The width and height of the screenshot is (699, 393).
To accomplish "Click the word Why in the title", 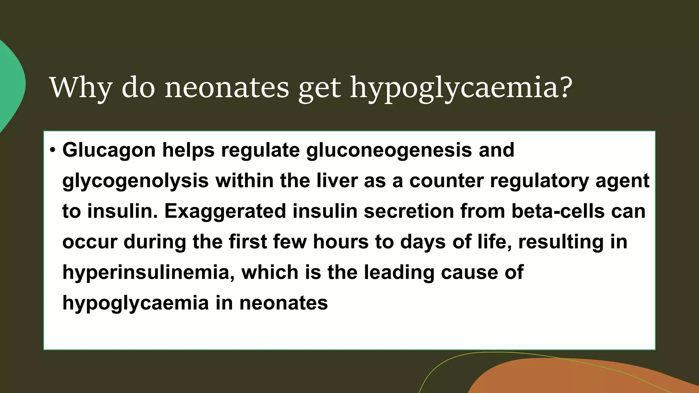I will click(x=81, y=88).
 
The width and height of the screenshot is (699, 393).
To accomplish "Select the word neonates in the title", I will click(x=227, y=88).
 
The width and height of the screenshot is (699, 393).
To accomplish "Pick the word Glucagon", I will click(x=109, y=150).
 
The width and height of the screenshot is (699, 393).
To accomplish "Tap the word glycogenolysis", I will click(x=135, y=181).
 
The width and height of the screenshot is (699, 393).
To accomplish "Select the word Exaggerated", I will click(x=225, y=212).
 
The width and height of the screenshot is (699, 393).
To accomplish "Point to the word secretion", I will click(x=409, y=211).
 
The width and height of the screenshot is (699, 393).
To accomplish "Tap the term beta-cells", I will click(x=558, y=211).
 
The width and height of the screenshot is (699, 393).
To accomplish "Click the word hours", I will click(x=341, y=242).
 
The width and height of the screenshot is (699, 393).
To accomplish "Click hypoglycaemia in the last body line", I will click(x=135, y=303).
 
